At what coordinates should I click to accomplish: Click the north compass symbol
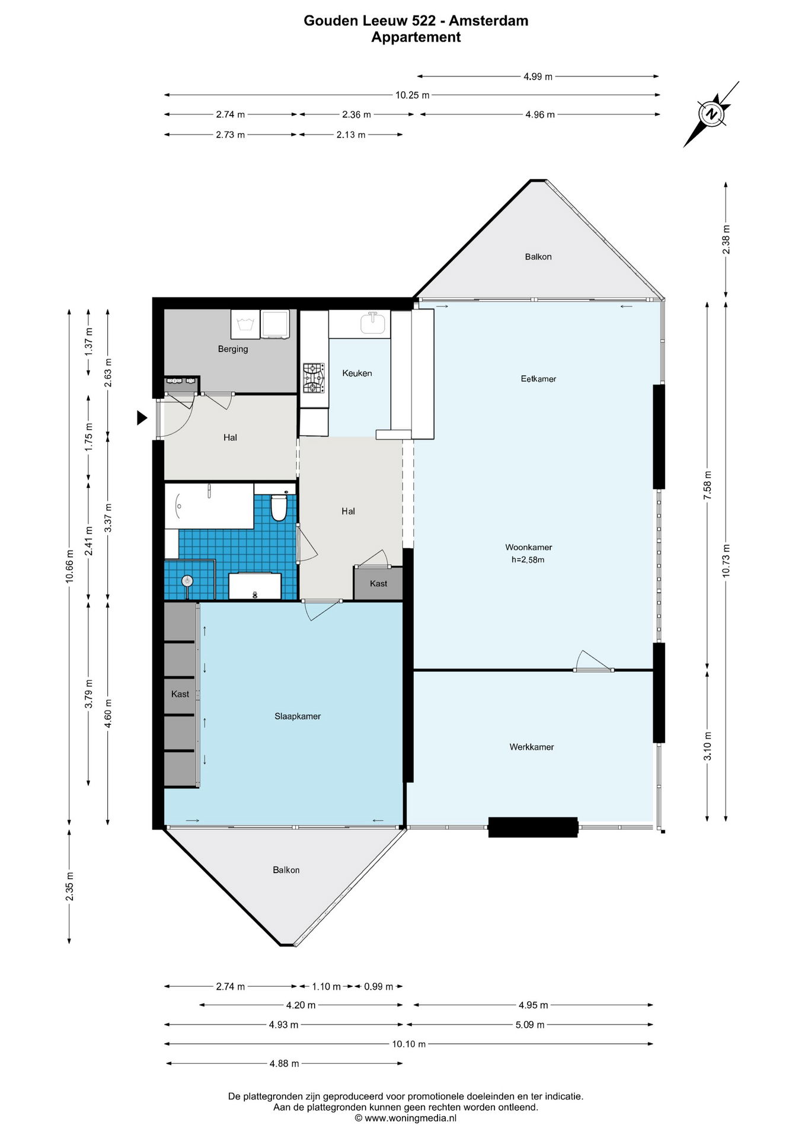click(711, 114)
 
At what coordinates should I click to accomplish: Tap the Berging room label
click(233, 349)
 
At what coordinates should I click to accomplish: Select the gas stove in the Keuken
click(314, 378)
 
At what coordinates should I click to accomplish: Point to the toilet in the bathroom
click(279, 507)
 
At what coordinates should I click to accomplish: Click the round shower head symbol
click(187, 581)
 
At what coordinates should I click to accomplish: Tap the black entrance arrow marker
click(142, 418)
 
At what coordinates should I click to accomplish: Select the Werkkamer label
click(532, 747)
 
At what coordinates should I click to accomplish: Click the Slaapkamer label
click(298, 716)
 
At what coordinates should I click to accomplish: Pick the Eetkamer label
click(538, 379)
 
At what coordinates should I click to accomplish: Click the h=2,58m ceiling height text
click(528, 560)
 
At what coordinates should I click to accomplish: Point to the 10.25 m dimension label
click(413, 95)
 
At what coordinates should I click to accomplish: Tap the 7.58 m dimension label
click(707, 485)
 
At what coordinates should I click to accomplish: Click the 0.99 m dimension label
click(379, 986)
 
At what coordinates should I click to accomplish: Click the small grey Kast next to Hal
click(378, 583)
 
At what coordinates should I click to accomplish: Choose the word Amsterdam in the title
click(488, 21)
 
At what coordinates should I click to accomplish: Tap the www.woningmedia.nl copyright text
click(406, 1118)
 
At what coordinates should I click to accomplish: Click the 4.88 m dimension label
click(285, 1063)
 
